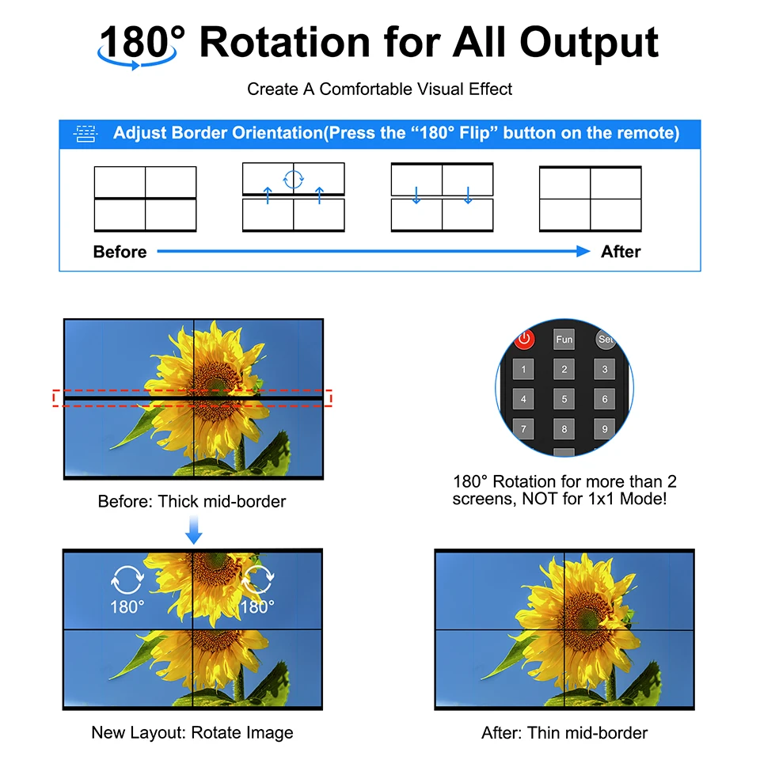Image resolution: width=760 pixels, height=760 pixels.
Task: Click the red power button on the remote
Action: (x=524, y=339)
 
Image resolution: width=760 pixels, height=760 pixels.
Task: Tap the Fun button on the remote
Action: (x=564, y=340)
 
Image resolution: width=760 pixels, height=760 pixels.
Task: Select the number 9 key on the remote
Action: (x=604, y=429)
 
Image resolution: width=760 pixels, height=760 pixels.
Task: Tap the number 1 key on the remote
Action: (x=523, y=370)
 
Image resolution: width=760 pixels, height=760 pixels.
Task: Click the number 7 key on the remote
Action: (x=523, y=429)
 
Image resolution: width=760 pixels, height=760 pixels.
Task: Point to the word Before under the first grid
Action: (x=120, y=252)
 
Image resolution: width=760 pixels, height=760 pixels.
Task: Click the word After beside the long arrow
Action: (x=621, y=252)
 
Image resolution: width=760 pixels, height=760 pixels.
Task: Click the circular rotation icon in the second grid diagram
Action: (x=293, y=180)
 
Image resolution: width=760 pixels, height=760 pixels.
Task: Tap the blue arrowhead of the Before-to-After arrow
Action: (x=583, y=251)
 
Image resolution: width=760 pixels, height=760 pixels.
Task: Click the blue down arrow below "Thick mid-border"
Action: (x=193, y=530)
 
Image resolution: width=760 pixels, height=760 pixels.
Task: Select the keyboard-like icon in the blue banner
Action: (x=85, y=133)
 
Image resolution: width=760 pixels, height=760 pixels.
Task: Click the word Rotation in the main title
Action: (x=285, y=43)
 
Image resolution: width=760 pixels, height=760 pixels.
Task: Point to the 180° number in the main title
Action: (x=142, y=42)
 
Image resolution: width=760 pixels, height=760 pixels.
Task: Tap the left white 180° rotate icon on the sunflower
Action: (x=127, y=579)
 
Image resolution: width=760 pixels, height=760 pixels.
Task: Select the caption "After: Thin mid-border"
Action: (x=564, y=733)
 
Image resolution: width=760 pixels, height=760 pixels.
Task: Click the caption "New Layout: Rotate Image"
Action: (x=192, y=732)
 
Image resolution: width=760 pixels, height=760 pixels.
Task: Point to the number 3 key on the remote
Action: (x=604, y=370)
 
